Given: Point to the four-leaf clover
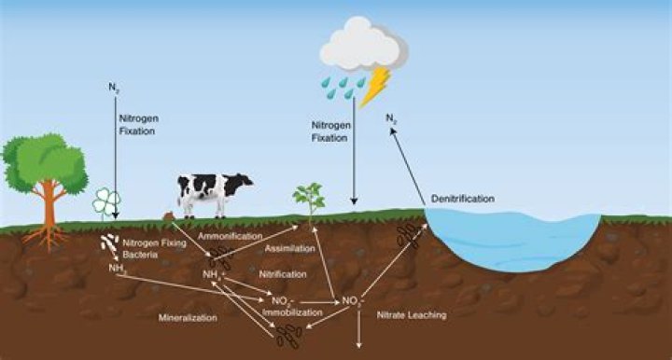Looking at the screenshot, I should coord(104,201).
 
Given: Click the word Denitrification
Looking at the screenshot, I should coord(463,199).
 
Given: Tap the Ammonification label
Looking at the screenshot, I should coord(227,237).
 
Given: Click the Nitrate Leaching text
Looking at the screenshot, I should coord(412,315).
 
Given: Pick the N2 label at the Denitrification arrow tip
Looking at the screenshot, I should coord(392,118).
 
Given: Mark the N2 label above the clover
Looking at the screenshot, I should coord(113,90).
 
